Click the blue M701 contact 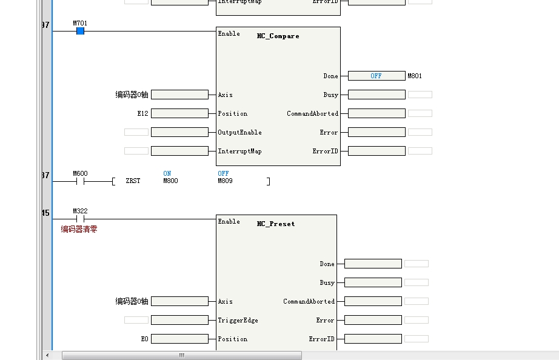pos(80,31)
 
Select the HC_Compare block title pos(278,36)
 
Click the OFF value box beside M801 pos(377,76)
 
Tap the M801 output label pos(415,76)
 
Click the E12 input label pos(142,113)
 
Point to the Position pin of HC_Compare pos(233,113)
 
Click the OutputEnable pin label pos(239,132)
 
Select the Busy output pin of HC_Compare pos(330,95)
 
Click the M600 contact pos(80,181)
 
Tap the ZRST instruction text pos(133,181)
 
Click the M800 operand pos(170,181)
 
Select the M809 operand pos(225,181)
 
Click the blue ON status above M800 pos(167,173)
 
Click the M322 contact pos(80,219)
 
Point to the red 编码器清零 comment pos(79,229)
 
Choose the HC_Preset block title pos(276,224)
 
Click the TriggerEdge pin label pos(238,320)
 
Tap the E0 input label pos(144,339)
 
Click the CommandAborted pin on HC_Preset pos(309,301)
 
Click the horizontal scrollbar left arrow pos(48,355)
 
